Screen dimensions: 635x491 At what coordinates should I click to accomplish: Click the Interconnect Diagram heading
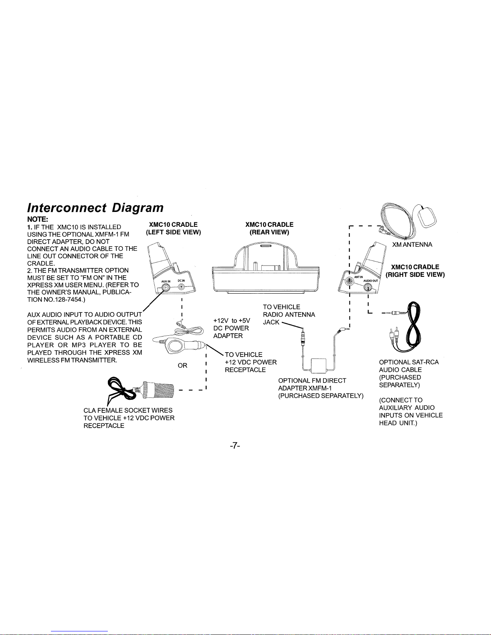pos(95,208)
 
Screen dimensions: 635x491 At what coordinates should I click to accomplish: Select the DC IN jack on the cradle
pos(181,286)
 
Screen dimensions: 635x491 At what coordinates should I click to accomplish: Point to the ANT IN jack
pos(350,281)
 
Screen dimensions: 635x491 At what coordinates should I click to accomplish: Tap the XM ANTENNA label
pos(412,245)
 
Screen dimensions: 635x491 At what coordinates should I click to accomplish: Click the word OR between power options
pos(182,365)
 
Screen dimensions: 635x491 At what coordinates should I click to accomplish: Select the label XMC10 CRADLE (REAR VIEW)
pos(269,228)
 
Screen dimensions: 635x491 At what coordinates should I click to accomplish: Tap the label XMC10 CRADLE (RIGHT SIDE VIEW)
pos(415,271)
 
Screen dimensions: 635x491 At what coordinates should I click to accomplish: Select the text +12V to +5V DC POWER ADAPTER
pos(232,328)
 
